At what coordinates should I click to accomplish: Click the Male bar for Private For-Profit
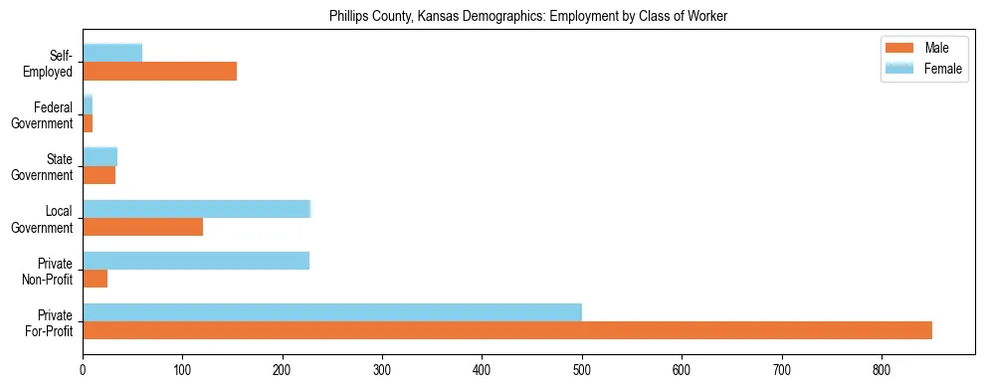point(507,330)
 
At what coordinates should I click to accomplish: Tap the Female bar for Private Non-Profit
point(196,261)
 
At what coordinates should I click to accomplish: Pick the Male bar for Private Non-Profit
point(95,279)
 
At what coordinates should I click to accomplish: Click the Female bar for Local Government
point(197,209)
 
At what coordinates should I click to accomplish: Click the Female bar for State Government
point(99,156)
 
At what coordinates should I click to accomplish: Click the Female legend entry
point(920,69)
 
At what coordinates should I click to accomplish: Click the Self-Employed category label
point(54,64)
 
